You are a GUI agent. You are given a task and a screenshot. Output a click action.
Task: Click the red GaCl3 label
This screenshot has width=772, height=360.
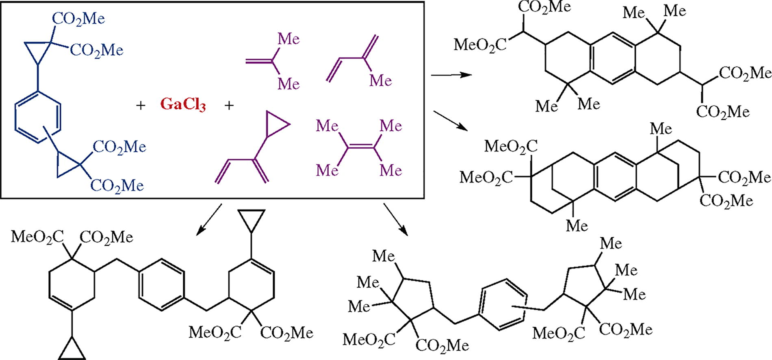coord(183,105)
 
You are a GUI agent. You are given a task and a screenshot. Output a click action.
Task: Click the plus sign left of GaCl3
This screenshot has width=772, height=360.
coord(141,106)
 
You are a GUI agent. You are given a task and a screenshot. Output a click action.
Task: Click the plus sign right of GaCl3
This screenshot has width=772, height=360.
coord(230,106)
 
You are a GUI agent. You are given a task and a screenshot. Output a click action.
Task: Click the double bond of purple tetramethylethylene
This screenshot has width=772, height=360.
coord(359,147)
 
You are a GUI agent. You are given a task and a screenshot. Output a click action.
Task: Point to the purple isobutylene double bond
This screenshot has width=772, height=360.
coord(258,61)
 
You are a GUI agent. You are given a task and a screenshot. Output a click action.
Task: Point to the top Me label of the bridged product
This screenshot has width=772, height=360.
coord(661,129)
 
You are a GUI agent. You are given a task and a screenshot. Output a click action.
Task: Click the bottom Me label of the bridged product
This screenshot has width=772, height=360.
coord(577,226)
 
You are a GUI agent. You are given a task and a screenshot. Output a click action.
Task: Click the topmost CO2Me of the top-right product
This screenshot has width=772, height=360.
coord(544,7)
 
